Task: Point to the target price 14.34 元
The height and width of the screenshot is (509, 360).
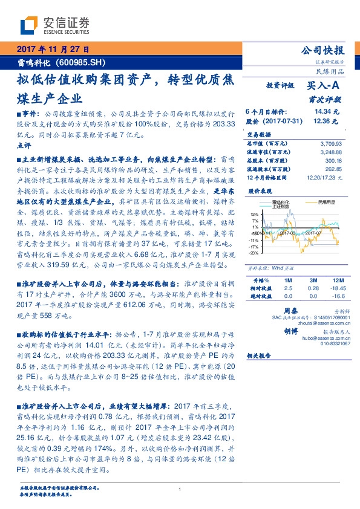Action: tap(323, 112)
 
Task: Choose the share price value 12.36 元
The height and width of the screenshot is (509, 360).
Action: tap(323, 121)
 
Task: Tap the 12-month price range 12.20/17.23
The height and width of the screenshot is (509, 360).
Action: tap(324, 178)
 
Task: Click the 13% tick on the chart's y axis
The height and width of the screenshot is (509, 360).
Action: tap(254, 213)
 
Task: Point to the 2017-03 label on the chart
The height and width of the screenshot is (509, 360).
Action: tap(287, 232)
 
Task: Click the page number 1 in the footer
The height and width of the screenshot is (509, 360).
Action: tap(180, 490)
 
